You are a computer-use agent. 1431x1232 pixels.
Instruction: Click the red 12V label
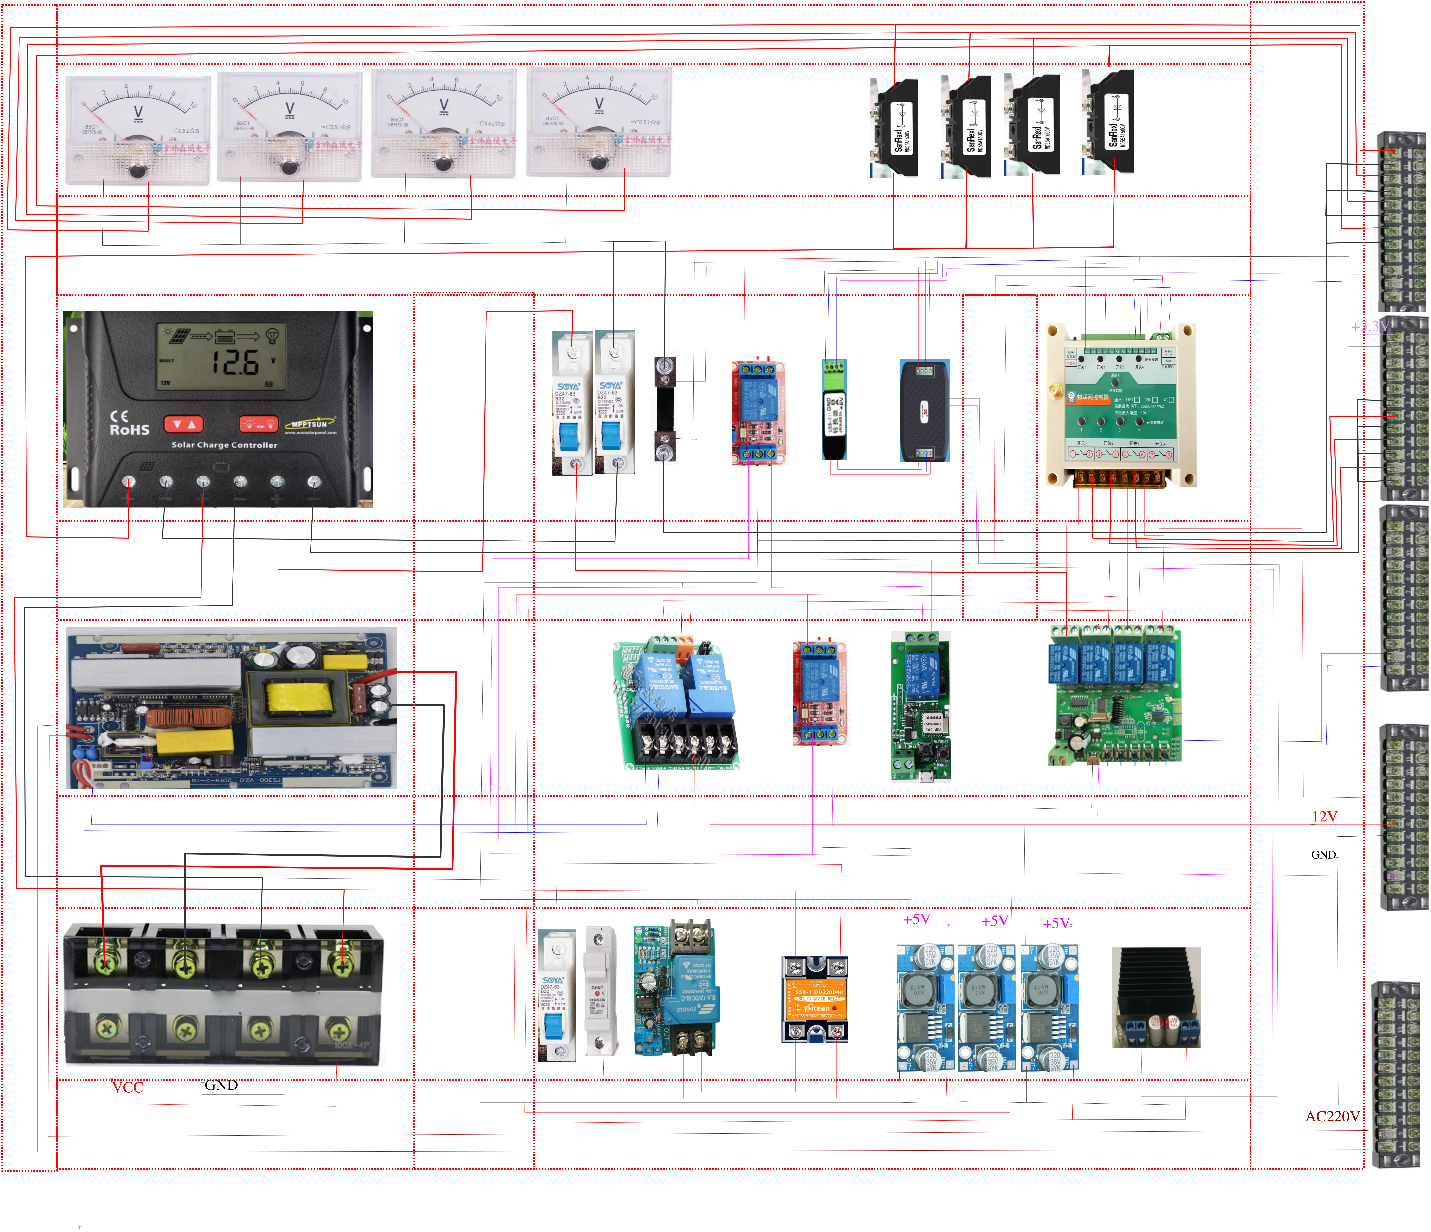point(1324,817)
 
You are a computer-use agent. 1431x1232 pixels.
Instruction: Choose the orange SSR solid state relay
point(815,998)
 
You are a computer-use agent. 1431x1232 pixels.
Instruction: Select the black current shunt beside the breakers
point(665,409)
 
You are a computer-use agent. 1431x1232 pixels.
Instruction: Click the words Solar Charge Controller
point(224,445)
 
